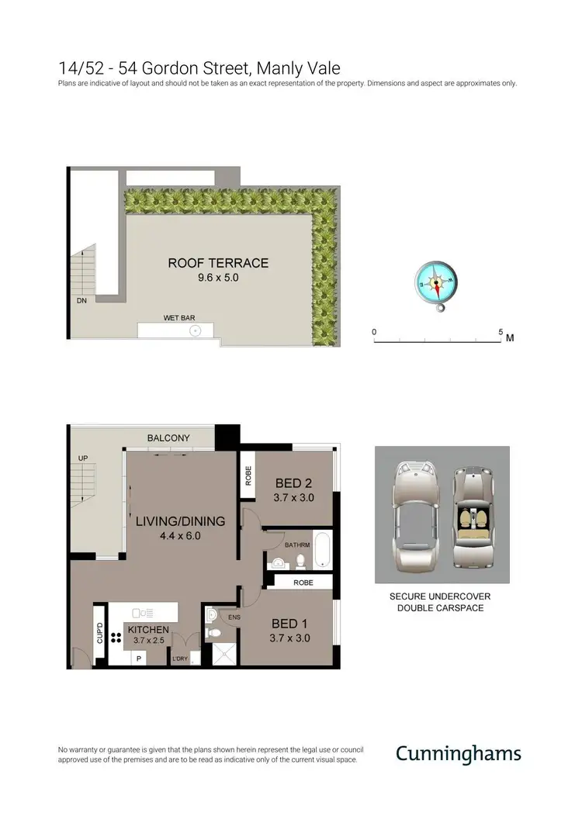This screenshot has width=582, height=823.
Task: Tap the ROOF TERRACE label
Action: pos(218,263)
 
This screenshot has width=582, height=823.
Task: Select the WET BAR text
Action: pos(178,318)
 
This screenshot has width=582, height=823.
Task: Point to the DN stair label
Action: pos(81,299)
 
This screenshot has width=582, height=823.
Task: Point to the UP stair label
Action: pos(83,458)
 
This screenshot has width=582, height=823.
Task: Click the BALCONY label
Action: pos(168,438)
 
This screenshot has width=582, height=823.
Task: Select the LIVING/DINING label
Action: pos(181,521)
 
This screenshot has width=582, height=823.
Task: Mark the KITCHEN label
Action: pos(148,630)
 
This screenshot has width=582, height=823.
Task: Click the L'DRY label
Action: pos(180,659)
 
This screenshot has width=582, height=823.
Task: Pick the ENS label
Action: pos(234,617)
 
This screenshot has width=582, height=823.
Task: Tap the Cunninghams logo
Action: pos(458,753)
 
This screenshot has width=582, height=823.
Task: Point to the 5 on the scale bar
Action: pos(501,331)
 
